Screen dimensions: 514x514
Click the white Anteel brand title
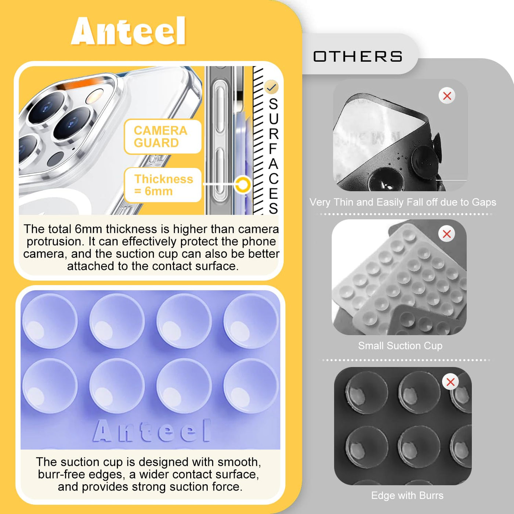[128, 31]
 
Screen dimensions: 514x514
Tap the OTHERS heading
[358, 56]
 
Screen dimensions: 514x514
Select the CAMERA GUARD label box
[163, 137]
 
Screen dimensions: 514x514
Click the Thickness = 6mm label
[163, 185]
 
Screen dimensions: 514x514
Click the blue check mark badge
[272, 87]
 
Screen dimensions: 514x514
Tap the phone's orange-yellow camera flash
[94, 97]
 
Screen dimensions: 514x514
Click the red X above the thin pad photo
[447, 96]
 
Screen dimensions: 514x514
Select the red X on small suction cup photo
[446, 234]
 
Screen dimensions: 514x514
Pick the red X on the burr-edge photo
[450, 382]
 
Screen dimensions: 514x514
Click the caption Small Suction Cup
[400, 346]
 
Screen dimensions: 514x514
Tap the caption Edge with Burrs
[407, 496]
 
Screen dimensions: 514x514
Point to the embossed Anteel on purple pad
[152, 431]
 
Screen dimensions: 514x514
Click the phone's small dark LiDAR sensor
[56, 159]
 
